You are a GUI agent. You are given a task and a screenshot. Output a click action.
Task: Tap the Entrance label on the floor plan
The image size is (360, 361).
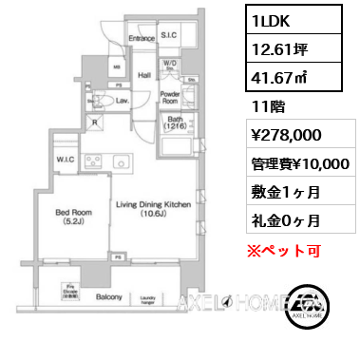coord(142,38)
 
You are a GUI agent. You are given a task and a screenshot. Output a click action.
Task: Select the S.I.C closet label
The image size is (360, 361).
coord(169,35)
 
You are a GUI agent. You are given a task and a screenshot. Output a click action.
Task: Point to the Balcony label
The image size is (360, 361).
coord(108,297)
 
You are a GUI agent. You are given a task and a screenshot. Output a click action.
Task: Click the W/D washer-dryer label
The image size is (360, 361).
coord(170,64)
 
